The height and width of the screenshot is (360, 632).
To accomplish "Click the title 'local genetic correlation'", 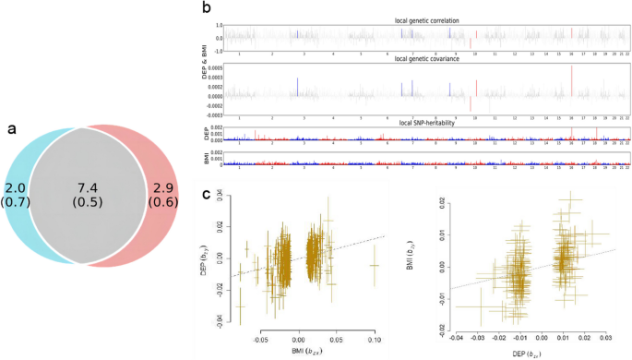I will [x=426, y=19].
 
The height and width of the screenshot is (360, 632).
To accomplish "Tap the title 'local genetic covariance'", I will [x=426, y=59].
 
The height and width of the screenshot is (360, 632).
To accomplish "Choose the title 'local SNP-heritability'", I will [x=426, y=120].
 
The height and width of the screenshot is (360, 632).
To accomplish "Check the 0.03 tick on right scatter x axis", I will [x=603, y=340].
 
